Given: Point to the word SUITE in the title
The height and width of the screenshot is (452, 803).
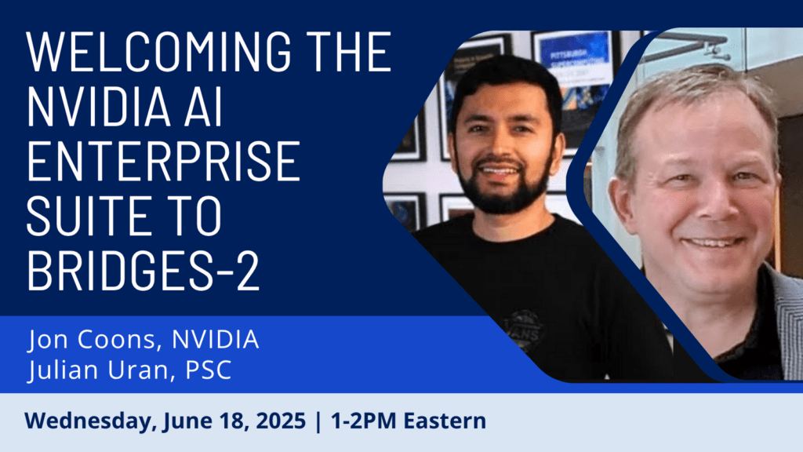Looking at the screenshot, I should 89,214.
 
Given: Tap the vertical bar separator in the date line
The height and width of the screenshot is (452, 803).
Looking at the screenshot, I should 317,421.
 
